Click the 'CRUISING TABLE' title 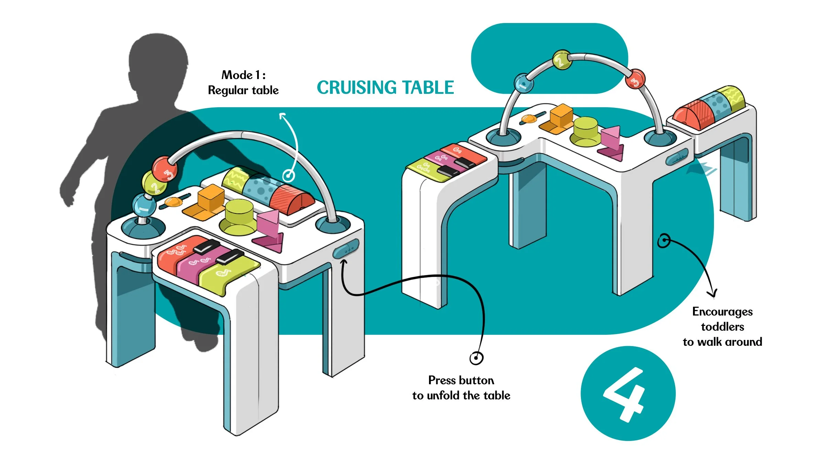click(385, 87)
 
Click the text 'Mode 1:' click(243, 75)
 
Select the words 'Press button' click(461, 380)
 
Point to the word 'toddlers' click(722, 327)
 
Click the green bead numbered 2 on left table click(154, 184)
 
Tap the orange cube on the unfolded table click(561, 115)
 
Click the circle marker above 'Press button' click(476, 358)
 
